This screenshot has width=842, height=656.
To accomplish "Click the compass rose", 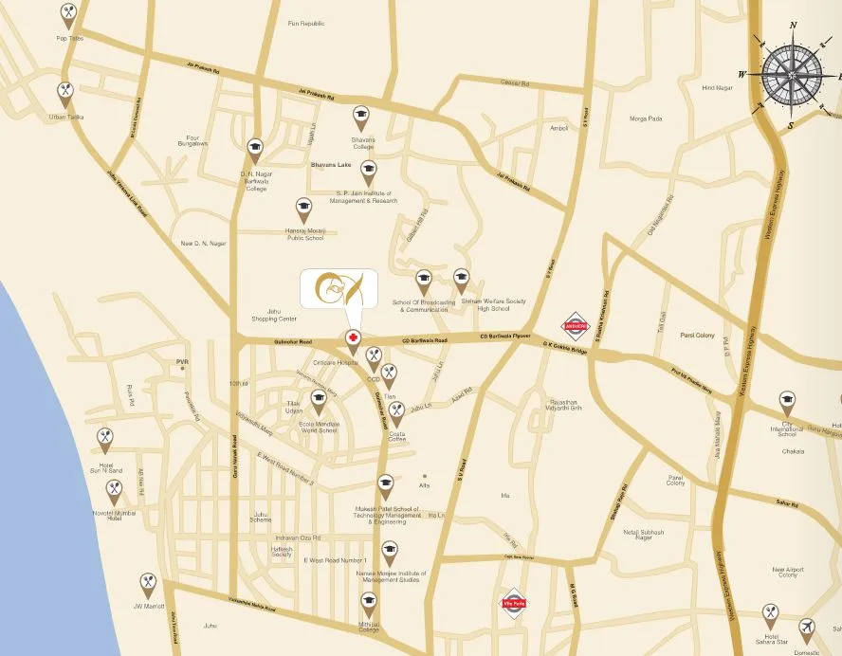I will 794,74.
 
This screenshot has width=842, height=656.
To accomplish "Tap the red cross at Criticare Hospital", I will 353,337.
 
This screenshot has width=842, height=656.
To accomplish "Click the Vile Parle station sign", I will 512,602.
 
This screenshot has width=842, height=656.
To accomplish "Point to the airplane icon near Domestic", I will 806,627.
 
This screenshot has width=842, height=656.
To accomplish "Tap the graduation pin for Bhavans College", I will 360,117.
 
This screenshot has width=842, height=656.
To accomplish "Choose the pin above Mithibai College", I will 368,601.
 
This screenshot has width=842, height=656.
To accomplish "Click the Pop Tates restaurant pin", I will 68,13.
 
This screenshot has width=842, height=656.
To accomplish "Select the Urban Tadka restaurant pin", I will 64,92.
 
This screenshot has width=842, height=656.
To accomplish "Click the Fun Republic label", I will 306,23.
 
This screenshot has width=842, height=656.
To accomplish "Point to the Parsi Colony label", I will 697,336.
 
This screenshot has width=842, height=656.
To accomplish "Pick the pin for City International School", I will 787,402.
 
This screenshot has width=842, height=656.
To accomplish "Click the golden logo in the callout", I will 338,288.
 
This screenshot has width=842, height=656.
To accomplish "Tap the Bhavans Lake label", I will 331,165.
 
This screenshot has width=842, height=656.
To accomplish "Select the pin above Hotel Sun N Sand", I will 105,438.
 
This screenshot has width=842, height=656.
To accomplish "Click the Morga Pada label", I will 646,118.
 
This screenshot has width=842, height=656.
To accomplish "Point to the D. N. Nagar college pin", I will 254,148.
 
